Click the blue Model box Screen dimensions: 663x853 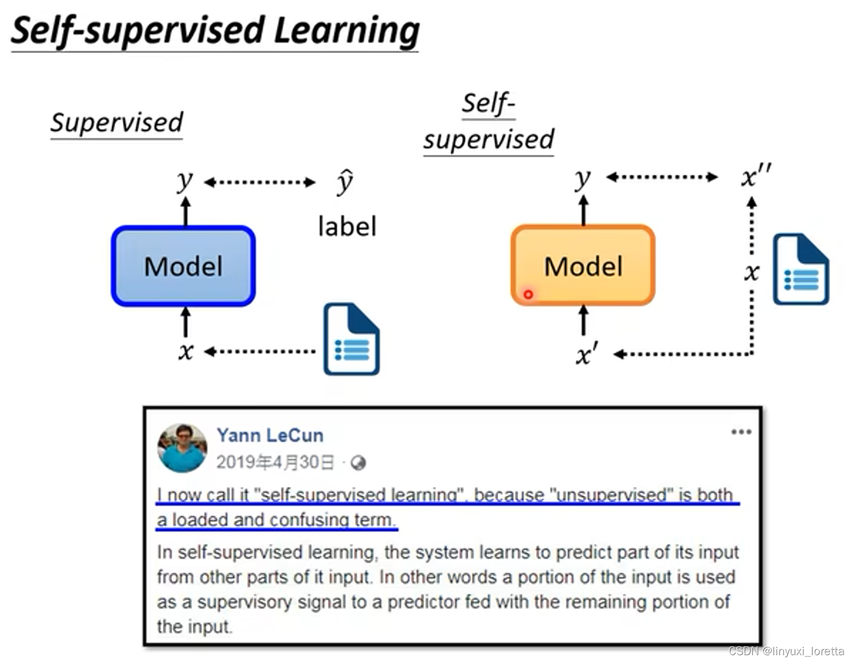183,266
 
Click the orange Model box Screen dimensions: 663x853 583,265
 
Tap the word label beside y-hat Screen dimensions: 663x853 347,227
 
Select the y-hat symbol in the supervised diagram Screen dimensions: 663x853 345,182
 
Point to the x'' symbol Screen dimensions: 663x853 755,177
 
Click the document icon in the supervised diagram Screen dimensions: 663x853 351,339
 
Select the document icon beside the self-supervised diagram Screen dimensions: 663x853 801,269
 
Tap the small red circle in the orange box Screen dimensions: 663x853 528,294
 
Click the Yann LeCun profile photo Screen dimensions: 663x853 181,448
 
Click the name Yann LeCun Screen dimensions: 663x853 270,435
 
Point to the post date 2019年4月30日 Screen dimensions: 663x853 275,462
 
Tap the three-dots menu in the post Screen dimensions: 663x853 741,432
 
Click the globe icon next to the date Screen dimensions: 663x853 358,463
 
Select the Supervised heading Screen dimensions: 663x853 116,122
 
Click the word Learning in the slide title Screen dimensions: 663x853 346,30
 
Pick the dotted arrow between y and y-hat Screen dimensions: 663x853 259,182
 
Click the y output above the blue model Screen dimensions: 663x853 185,180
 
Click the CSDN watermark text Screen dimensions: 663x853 785,651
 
